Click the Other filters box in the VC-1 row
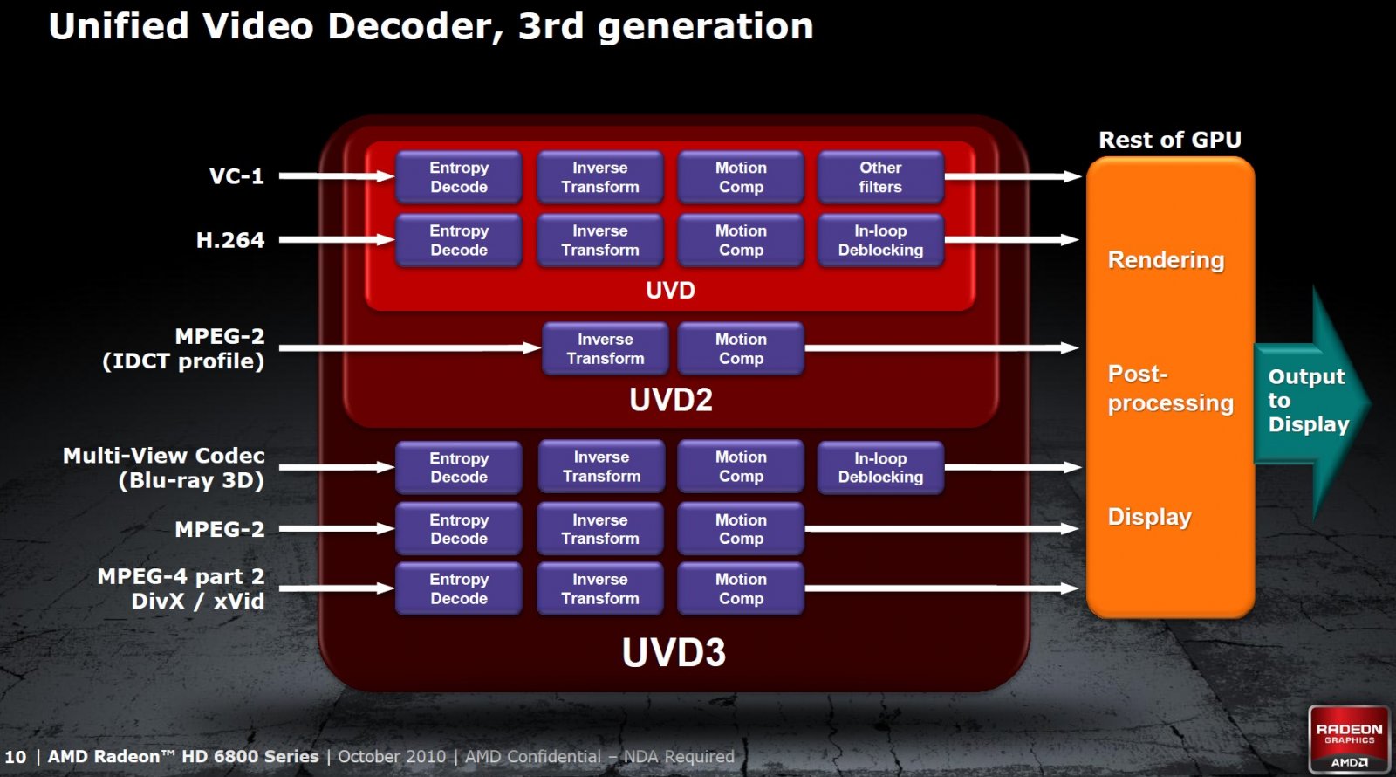(880, 177)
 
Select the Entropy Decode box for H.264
(459, 240)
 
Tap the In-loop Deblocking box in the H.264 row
(880, 240)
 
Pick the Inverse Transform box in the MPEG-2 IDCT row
(606, 348)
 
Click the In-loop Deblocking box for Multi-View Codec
(880, 468)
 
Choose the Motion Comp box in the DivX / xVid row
(741, 588)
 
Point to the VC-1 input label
(236, 176)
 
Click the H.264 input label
(230, 240)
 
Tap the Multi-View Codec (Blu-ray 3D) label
(164, 468)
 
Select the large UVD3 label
(674, 652)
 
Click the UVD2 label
(671, 400)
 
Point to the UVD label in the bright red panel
(671, 291)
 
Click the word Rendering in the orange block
(1166, 260)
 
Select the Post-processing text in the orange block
(1170, 388)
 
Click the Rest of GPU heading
(1170, 140)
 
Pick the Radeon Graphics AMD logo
(1349, 739)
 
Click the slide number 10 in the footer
(16, 757)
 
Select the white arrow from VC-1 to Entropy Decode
(337, 176)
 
